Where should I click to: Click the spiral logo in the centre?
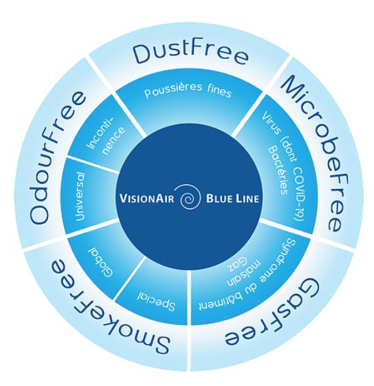187,200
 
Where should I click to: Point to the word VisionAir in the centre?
146,200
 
